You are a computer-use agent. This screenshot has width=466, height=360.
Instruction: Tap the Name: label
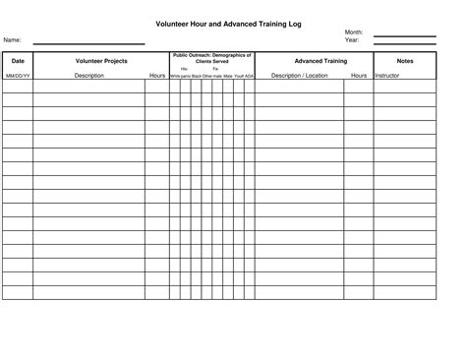coord(13,40)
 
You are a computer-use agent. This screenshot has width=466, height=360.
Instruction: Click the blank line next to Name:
coord(88,42)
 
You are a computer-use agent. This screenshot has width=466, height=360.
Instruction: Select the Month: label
coord(354,32)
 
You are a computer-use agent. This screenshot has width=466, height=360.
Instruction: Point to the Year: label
coord(352,40)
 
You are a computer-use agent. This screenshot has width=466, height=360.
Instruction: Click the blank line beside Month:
coord(404,35)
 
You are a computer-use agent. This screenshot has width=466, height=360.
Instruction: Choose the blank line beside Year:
coord(404,43)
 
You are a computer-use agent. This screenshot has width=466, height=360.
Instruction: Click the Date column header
coord(18,61)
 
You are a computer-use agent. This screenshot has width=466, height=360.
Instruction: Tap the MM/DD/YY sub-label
coord(18,75)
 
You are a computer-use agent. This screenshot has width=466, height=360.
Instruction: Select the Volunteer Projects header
coord(100,61)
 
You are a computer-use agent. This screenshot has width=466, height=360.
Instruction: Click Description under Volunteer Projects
coord(88,75)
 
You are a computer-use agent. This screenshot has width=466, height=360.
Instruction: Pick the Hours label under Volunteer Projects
coord(157,75)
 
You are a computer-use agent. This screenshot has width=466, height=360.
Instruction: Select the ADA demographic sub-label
coord(250,76)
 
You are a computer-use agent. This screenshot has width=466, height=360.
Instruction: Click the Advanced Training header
coord(320,61)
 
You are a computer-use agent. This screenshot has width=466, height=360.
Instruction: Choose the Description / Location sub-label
coord(300,75)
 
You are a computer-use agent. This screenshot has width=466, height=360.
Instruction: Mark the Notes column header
coord(405,61)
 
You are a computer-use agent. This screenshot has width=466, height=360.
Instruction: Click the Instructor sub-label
coord(387,75)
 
